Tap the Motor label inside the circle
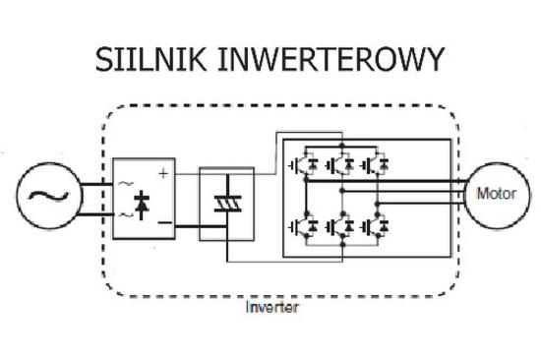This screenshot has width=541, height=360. [496, 192]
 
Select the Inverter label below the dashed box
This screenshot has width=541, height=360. [272, 307]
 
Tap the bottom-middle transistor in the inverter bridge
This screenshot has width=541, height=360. [338, 227]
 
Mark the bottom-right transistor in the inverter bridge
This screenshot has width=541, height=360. [375, 227]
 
